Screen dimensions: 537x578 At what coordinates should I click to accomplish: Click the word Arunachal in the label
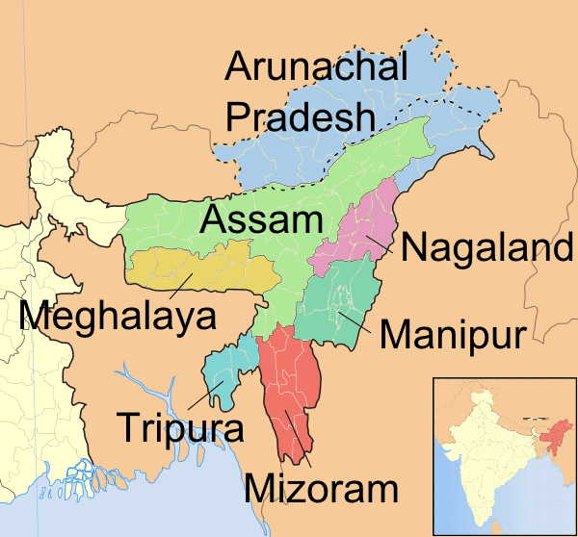click(317, 67)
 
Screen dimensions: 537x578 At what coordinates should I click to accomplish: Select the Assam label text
click(260, 219)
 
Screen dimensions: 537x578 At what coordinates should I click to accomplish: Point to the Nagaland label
click(486, 247)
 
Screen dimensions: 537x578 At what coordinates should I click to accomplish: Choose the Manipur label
click(451, 335)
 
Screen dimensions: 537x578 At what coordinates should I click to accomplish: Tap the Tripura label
click(180, 425)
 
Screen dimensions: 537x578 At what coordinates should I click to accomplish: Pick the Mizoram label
click(321, 487)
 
